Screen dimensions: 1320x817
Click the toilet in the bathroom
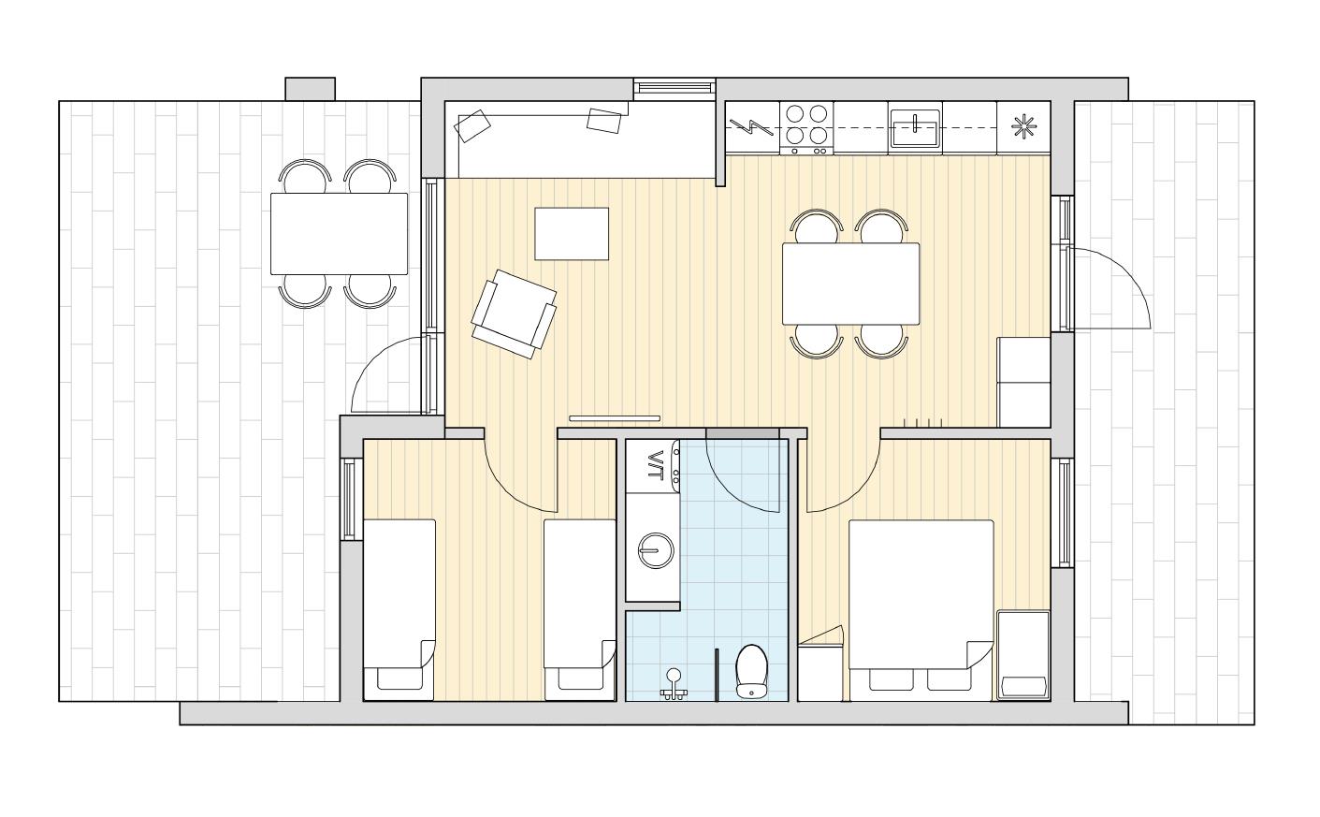(x=751, y=672)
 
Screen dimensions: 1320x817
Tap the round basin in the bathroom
(x=655, y=550)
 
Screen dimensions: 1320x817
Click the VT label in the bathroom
(x=655, y=465)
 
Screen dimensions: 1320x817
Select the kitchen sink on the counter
(x=915, y=128)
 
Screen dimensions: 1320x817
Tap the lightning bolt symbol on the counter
(x=751, y=127)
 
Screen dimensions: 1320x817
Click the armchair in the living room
(x=514, y=314)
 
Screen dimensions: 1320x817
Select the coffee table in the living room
(x=572, y=233)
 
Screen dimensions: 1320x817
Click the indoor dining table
(x=851, y=284)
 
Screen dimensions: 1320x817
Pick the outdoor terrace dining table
(x=339, y=233)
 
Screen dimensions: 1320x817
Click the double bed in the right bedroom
(x=921, y=610)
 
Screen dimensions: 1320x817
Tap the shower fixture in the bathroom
(x=674, y=686)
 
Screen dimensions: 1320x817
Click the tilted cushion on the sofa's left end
(x=472, y=125)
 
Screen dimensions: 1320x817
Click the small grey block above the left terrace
(x=310, y=89)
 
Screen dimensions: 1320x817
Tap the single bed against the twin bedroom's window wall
(x=399, y=610)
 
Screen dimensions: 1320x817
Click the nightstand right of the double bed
(x=1023, y=655)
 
